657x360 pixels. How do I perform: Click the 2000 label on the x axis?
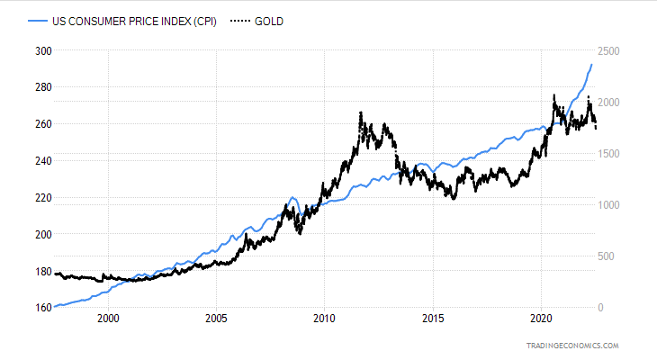point(108,319)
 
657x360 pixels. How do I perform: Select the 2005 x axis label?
point(216,319)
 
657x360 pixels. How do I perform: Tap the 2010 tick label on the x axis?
point(325,319)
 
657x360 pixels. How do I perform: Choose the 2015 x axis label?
point(433,319)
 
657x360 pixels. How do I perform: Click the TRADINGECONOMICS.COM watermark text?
point(574,346)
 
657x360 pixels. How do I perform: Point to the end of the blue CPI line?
point(591,64)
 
